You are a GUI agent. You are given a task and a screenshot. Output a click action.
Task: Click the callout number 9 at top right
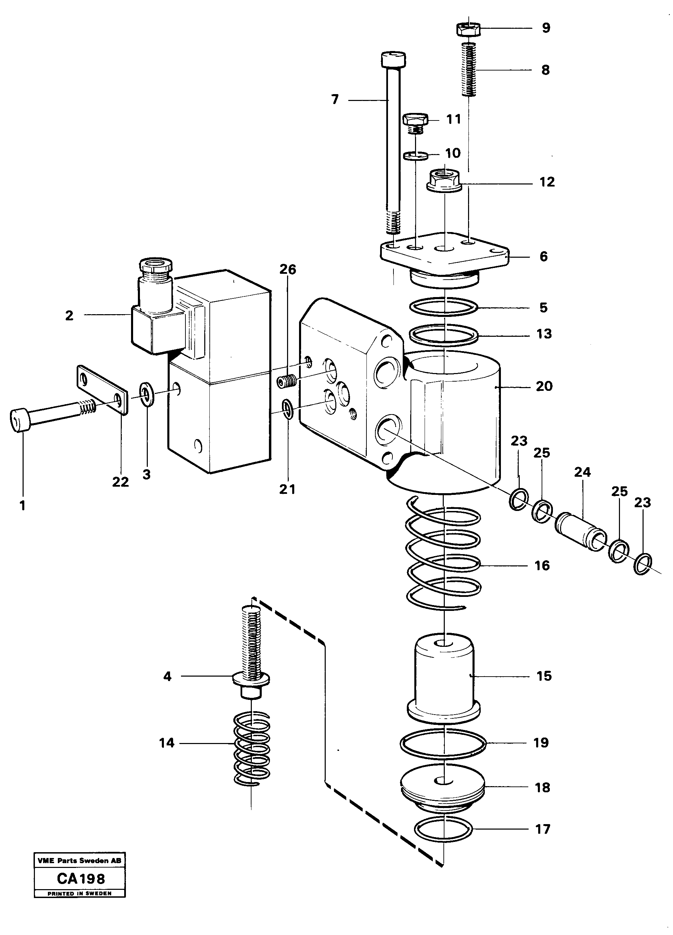tap(546, 28)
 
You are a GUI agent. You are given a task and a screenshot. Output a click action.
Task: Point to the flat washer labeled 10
tap(415, 156)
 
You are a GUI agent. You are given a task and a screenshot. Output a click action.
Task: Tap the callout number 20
tap(544, 386)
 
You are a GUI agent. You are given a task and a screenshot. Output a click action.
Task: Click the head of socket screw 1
tap(18, 421)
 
